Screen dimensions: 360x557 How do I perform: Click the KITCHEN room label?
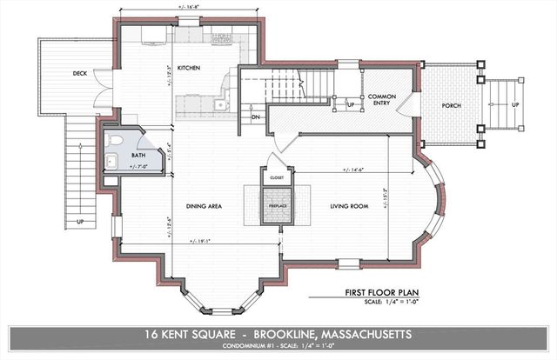click(x=190, y=67)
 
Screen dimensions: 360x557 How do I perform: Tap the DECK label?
click(x=79, y=74)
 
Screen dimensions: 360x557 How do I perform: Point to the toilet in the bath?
click(x=114, y=140)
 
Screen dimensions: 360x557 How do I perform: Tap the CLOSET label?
click(x=278, y=176)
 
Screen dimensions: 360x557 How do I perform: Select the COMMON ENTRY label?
click(x=383, y=100)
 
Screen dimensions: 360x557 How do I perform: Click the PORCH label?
click(x=450, y=106)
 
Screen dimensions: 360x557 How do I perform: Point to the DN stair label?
click(x=256, y=116)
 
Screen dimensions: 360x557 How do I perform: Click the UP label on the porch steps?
click(x=515, y=105)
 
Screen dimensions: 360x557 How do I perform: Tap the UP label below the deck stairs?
click(x=80, y=222)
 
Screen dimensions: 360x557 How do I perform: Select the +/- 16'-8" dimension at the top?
click(x=190, y=8)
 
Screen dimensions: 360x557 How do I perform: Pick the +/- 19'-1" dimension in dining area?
click(x=199, y=241)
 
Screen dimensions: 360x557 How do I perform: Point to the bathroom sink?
click(x=111, y=160)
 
